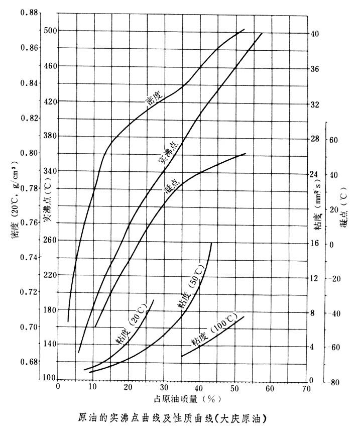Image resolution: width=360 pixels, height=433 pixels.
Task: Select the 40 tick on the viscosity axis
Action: [315, 34]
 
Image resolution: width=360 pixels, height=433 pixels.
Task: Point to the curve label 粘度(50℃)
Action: [190, 291]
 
